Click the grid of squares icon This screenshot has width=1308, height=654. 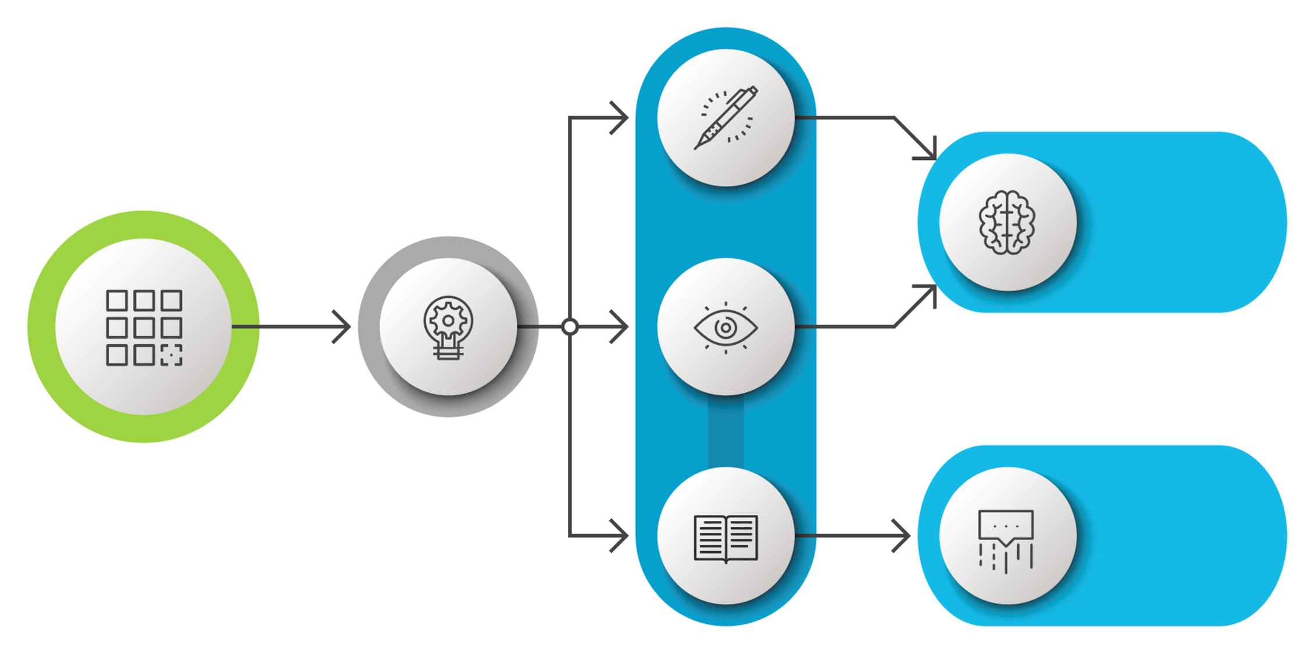coord(144,327)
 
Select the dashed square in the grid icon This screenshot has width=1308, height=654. coord(171,355)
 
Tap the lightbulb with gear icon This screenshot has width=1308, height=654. coord(448,327)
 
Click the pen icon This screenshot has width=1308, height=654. coord(726,118)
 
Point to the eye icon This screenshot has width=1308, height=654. coord(726,327)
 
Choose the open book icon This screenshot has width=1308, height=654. coord(726,538)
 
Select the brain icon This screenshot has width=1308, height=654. coord(1007,223)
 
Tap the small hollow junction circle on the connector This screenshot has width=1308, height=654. coord(570,327)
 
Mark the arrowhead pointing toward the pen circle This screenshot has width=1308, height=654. coord(622,118)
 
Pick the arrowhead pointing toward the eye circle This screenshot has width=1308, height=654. coord(622,327)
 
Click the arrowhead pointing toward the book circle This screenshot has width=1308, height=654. coord(622,535)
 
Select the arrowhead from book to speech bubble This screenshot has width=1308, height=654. coord(903,535)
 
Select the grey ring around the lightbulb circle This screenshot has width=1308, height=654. coord(370,327)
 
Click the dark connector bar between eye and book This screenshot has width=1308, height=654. coord(726,433)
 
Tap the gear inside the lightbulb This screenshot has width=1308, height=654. coord(448,320)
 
